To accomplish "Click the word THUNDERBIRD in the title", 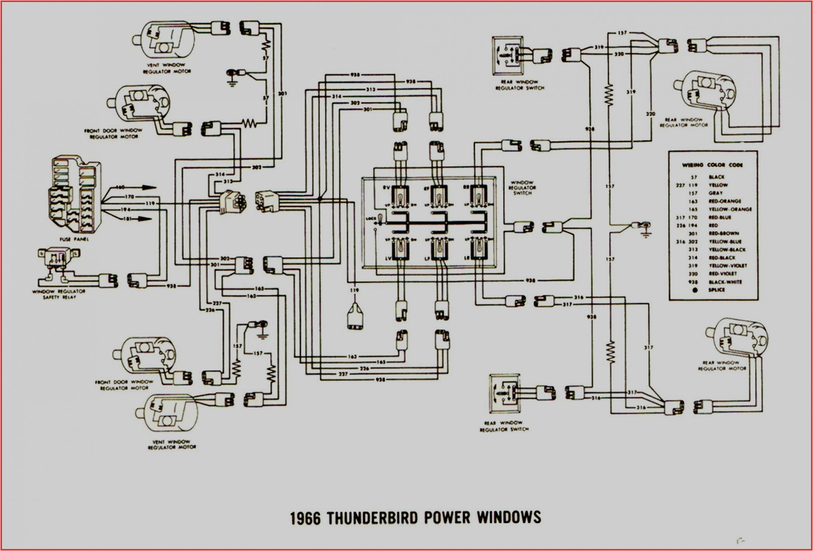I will point(373,518).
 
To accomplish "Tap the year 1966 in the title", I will point(305,519).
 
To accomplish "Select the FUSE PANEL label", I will point(74,239).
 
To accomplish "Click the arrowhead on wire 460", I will point(149,187).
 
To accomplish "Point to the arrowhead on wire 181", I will point(146,219).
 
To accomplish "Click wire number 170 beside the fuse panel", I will point(129,197).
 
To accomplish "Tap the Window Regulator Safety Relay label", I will point(59,294).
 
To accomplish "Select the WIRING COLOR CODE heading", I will point(712,165).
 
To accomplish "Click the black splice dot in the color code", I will point(694,290).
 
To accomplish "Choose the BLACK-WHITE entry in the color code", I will point(725,282).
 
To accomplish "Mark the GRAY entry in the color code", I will point(716,193).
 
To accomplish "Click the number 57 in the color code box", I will point(694,177).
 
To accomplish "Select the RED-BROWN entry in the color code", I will point(724,233).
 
